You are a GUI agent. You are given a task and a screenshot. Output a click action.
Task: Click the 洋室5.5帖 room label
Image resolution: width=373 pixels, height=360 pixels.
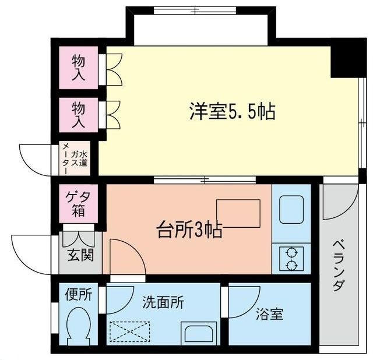(232, 111)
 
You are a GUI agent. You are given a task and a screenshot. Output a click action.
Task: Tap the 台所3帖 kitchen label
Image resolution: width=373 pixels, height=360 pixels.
(189, 230)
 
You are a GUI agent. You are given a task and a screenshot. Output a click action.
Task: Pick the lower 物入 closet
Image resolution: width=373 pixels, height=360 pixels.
(79, 115)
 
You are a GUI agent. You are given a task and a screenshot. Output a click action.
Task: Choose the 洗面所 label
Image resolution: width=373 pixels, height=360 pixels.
(163, 302)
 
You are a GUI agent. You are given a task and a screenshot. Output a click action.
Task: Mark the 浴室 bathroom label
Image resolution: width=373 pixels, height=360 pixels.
(269, 314)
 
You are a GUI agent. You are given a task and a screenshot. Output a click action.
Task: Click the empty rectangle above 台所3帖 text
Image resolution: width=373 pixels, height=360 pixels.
(238, 213)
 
